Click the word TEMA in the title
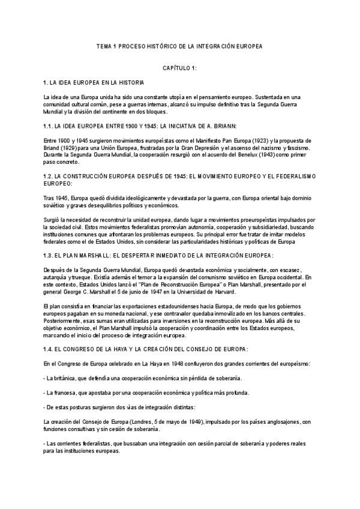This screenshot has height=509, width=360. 105,46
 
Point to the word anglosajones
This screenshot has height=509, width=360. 283,422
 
